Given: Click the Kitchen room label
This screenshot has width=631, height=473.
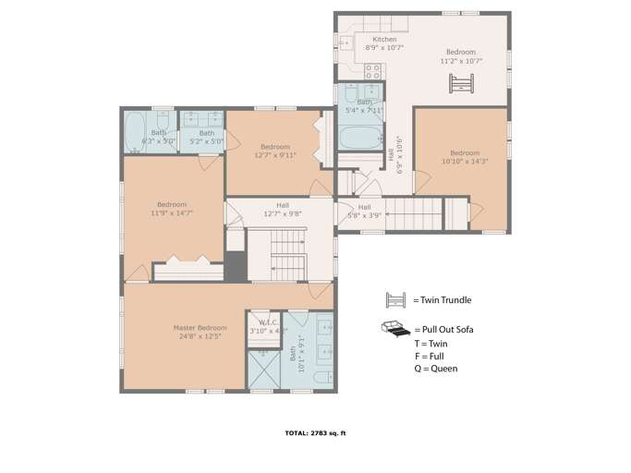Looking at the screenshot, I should (x=384, y=40).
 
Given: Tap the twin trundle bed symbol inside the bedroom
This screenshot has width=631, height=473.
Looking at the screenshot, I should (x=460, y=84).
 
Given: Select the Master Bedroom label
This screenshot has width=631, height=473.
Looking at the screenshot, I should (x=200, y=328).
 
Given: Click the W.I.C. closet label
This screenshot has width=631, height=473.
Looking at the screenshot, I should (x=262, y=322).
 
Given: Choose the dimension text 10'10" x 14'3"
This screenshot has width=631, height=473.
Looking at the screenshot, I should (x=465, y=162).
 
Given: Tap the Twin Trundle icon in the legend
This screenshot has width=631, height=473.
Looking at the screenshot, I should (x=396, y=299).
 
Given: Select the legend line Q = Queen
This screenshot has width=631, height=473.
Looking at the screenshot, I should (x=435, y=369).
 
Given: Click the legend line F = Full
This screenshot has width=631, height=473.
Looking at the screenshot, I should (x=429, y=356).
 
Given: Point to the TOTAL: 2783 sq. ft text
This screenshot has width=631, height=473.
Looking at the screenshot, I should (x=315, y=432).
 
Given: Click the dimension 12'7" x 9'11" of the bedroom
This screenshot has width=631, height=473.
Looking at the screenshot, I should (x=274, y=156).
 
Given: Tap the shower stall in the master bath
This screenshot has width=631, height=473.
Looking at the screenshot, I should (x=263, y=370).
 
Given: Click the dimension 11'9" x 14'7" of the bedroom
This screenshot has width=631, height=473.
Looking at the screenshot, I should (x=172, y=213).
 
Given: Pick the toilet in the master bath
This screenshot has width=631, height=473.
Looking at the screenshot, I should (x=322, y=377).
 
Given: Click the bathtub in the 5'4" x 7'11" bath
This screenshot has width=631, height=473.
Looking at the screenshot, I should (x=358, y=139).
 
